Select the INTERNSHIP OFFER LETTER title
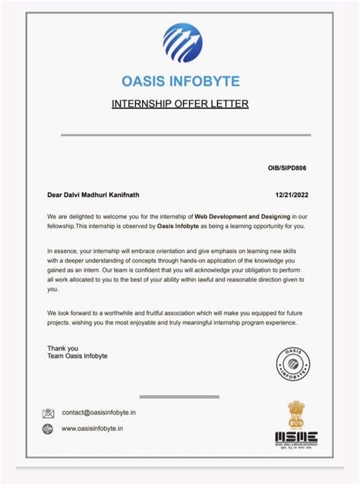coord(180,103)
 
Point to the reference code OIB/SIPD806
coord(289,166)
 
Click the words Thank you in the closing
coord(62,349)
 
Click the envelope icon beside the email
coord(49,414)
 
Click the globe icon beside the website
coord(49,429)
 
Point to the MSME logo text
coord(296,437)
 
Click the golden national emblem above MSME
coord(296,414)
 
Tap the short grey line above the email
coord(180,396)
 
